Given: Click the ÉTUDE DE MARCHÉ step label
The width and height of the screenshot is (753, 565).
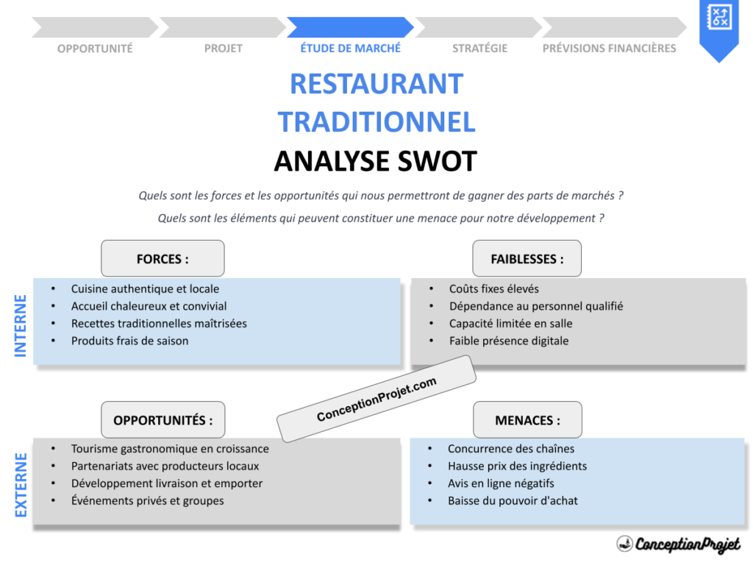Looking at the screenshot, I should [350, 49].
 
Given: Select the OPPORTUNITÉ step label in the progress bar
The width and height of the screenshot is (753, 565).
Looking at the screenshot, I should [95, 49].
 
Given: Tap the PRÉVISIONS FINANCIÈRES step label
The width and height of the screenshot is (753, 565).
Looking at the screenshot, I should [609, 49].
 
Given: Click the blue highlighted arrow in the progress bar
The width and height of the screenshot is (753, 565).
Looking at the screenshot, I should [350, 28].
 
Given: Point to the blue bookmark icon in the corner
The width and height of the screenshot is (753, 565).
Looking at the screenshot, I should [718, 26].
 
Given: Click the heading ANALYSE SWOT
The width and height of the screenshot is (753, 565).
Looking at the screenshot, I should [376, 161].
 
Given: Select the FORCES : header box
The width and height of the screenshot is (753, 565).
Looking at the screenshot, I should [163, 259].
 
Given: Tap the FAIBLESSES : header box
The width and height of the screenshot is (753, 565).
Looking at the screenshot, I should [527, 259].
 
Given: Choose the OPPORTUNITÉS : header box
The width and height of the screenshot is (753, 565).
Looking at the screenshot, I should [163, 420].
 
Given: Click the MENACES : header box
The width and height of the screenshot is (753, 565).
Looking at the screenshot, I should [527, 420].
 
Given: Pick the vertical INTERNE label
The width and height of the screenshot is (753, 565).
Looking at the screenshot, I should [21, 326].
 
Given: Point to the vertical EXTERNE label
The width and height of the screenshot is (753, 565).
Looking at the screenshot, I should [21, 485].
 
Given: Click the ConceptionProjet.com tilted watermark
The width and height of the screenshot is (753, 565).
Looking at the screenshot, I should [376, 399].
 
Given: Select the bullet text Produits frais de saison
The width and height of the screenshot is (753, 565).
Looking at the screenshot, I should [129, 341].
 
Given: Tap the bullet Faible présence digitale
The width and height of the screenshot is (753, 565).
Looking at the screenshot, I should [509, 341].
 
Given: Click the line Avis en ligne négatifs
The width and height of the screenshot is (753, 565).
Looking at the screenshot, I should [501, 483].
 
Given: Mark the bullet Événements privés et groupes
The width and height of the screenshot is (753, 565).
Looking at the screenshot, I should [147, 501].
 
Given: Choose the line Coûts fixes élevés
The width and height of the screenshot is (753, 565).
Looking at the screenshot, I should [494, 289].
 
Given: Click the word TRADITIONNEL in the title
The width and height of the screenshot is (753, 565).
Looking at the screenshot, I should [376, 122].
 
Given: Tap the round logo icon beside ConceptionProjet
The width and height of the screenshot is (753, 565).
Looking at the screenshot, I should [625, 544].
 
